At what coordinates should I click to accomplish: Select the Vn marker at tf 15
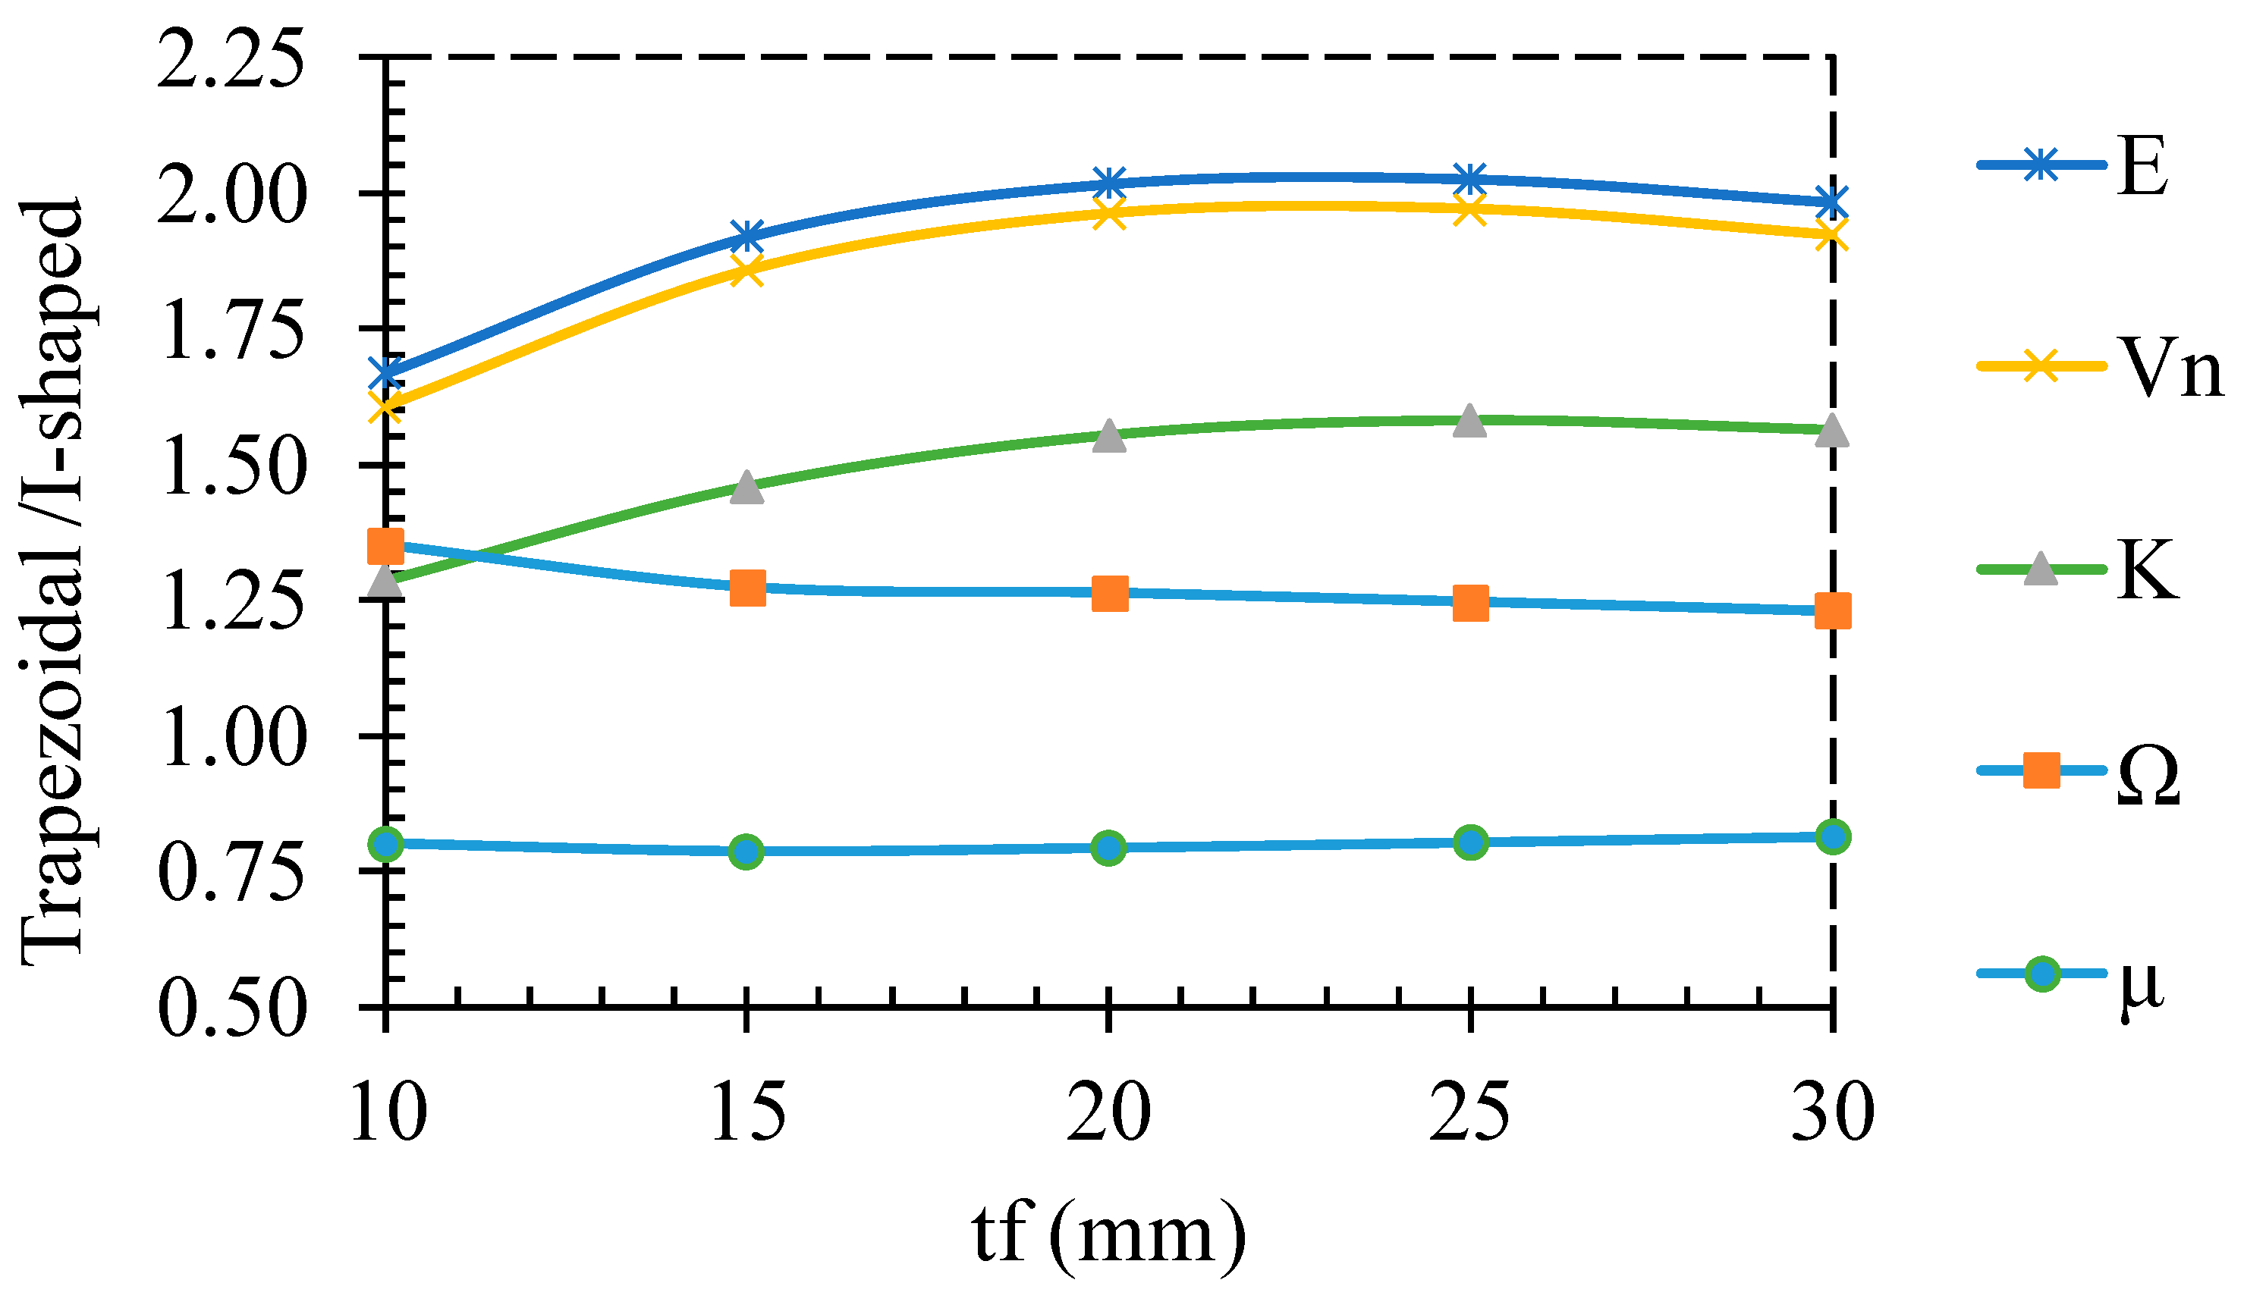tap(747, 269)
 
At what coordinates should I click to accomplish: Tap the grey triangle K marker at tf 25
tap(1470, 421)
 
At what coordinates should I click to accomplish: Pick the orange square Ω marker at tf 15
tap(747, 588)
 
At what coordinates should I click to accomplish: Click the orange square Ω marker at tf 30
tap(1833, 610)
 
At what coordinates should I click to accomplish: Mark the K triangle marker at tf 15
tap(747, 488)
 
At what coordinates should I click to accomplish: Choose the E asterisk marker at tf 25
tap(1470, 179)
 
